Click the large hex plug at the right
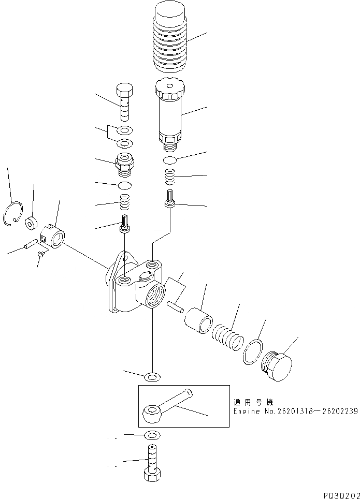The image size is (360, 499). (278, 365)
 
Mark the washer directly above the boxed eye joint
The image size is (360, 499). (152, 376)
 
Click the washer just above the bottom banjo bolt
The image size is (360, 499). (152, 434)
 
